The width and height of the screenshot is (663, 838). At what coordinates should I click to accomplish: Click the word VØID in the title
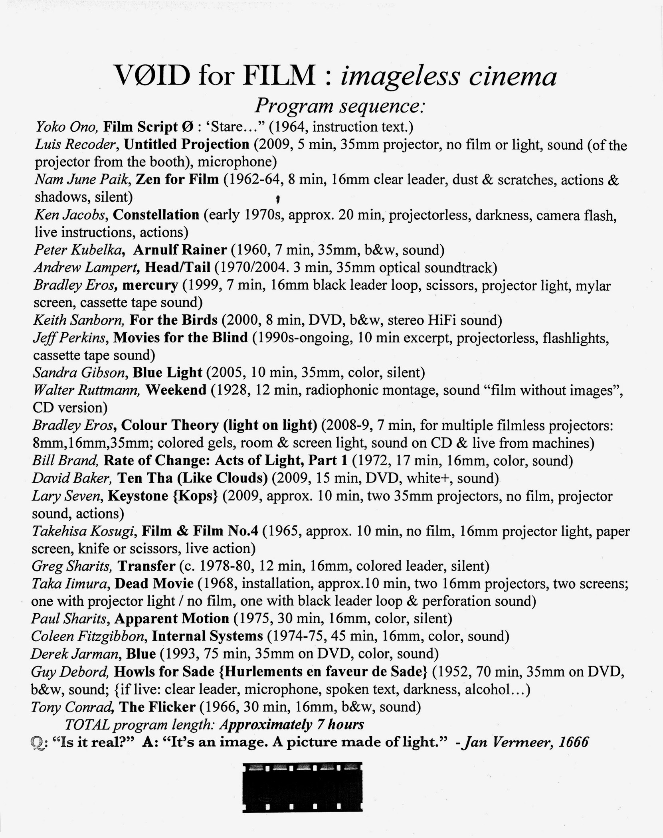tap(152, 76)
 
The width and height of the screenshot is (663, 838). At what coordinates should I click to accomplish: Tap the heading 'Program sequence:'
tap(340, 106)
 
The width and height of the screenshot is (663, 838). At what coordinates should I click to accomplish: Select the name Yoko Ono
tap(67, 127)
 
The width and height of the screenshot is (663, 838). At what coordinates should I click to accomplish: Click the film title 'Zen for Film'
tap(177, 180)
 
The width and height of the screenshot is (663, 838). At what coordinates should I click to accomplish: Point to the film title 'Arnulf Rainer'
tap(180, 250)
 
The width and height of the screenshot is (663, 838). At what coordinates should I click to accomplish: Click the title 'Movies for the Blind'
tap(180, 338)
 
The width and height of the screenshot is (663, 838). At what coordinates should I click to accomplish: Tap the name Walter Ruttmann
tap(87, 390)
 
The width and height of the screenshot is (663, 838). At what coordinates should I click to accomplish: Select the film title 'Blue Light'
tap(167, 372)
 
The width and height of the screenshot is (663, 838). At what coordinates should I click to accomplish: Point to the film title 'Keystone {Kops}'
tap(163, 496)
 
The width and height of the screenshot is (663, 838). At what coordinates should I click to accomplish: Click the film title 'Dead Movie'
tap(154, 584)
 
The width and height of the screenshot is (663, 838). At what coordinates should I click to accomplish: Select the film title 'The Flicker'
tap(157, 707)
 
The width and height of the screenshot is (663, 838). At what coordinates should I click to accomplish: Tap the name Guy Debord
tap(70, 672)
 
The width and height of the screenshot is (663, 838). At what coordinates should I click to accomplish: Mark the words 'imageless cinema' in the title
tap(448, 76)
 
